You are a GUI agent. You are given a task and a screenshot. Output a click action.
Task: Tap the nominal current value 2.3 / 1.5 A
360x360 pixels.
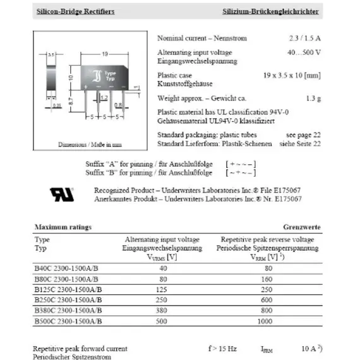(304, 38)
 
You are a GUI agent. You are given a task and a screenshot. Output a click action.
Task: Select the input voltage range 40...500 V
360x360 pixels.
(303, 52)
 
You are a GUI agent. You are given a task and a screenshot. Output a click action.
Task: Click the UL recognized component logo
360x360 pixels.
(63, 194)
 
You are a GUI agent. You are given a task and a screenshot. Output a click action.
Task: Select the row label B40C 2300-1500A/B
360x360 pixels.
(68, 268)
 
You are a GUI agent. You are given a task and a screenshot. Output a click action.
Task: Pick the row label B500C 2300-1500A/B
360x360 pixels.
(69, 321)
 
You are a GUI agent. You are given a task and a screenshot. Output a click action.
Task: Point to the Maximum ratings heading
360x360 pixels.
(63, 227)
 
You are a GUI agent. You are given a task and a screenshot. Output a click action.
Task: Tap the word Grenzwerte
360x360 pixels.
(301, 227)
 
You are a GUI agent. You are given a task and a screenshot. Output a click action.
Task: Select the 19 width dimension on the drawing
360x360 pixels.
(104, 54)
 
